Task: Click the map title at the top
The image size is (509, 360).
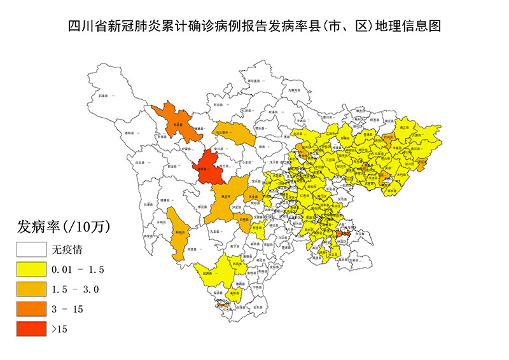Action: [x=254, y=26]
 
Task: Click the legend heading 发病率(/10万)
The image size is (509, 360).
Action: [x=62, y=226]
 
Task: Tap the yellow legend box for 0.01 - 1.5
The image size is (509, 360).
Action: [x=31, y=269]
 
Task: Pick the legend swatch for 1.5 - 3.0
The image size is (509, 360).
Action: [x=31, y=289]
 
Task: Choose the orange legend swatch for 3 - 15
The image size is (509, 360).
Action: [x=31, y=309]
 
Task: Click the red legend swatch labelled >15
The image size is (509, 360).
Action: [x=31, y=329]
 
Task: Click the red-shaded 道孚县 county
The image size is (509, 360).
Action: [x=210, y=169]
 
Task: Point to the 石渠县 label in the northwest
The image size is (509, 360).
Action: [x=106, y=95]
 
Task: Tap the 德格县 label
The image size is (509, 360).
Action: [x=131, y=133]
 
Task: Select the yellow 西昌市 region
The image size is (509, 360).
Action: [x=239, y=263]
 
